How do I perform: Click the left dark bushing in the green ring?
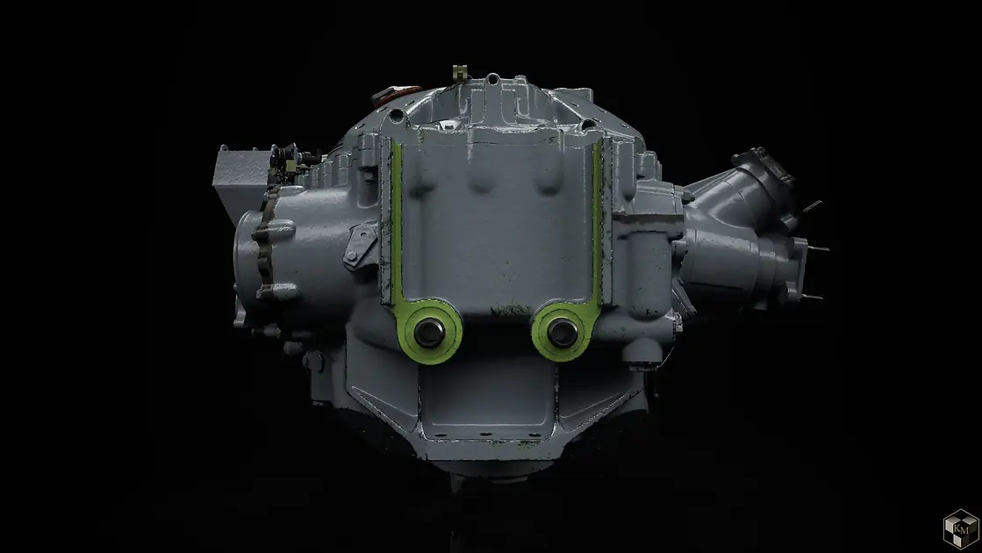[x=429, y=332]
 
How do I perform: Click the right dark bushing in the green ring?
[x=562, y=333]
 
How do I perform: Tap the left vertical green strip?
[x=397, y=219]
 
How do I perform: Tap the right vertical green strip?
[x=597, y=219]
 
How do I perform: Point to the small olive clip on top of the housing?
[x=461, y=72]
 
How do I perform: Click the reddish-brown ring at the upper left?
[x=396, y=93]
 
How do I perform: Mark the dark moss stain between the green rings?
[x=511, y=309]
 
